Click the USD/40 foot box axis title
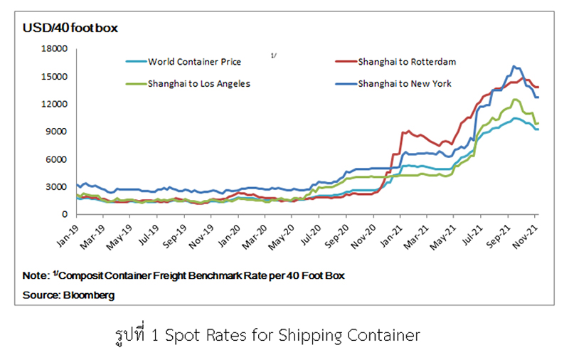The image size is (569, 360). pos(70,28)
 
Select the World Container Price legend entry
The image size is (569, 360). pos(186,62)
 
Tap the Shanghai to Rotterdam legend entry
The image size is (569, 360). pos(407,62)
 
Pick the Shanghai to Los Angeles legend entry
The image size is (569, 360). pos(198,83)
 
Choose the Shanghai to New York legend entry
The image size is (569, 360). pos(405,83)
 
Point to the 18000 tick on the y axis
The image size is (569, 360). pos(55,49)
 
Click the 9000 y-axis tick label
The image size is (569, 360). pos(57,132)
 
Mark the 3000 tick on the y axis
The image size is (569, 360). pos(57,187)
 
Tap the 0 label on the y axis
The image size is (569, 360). pos(64,214)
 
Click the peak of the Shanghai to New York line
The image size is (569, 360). pos(513,66)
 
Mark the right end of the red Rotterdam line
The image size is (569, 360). pos(538,87)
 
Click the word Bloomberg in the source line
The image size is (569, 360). pos(89,294)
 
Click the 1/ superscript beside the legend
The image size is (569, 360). pos(274,55)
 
